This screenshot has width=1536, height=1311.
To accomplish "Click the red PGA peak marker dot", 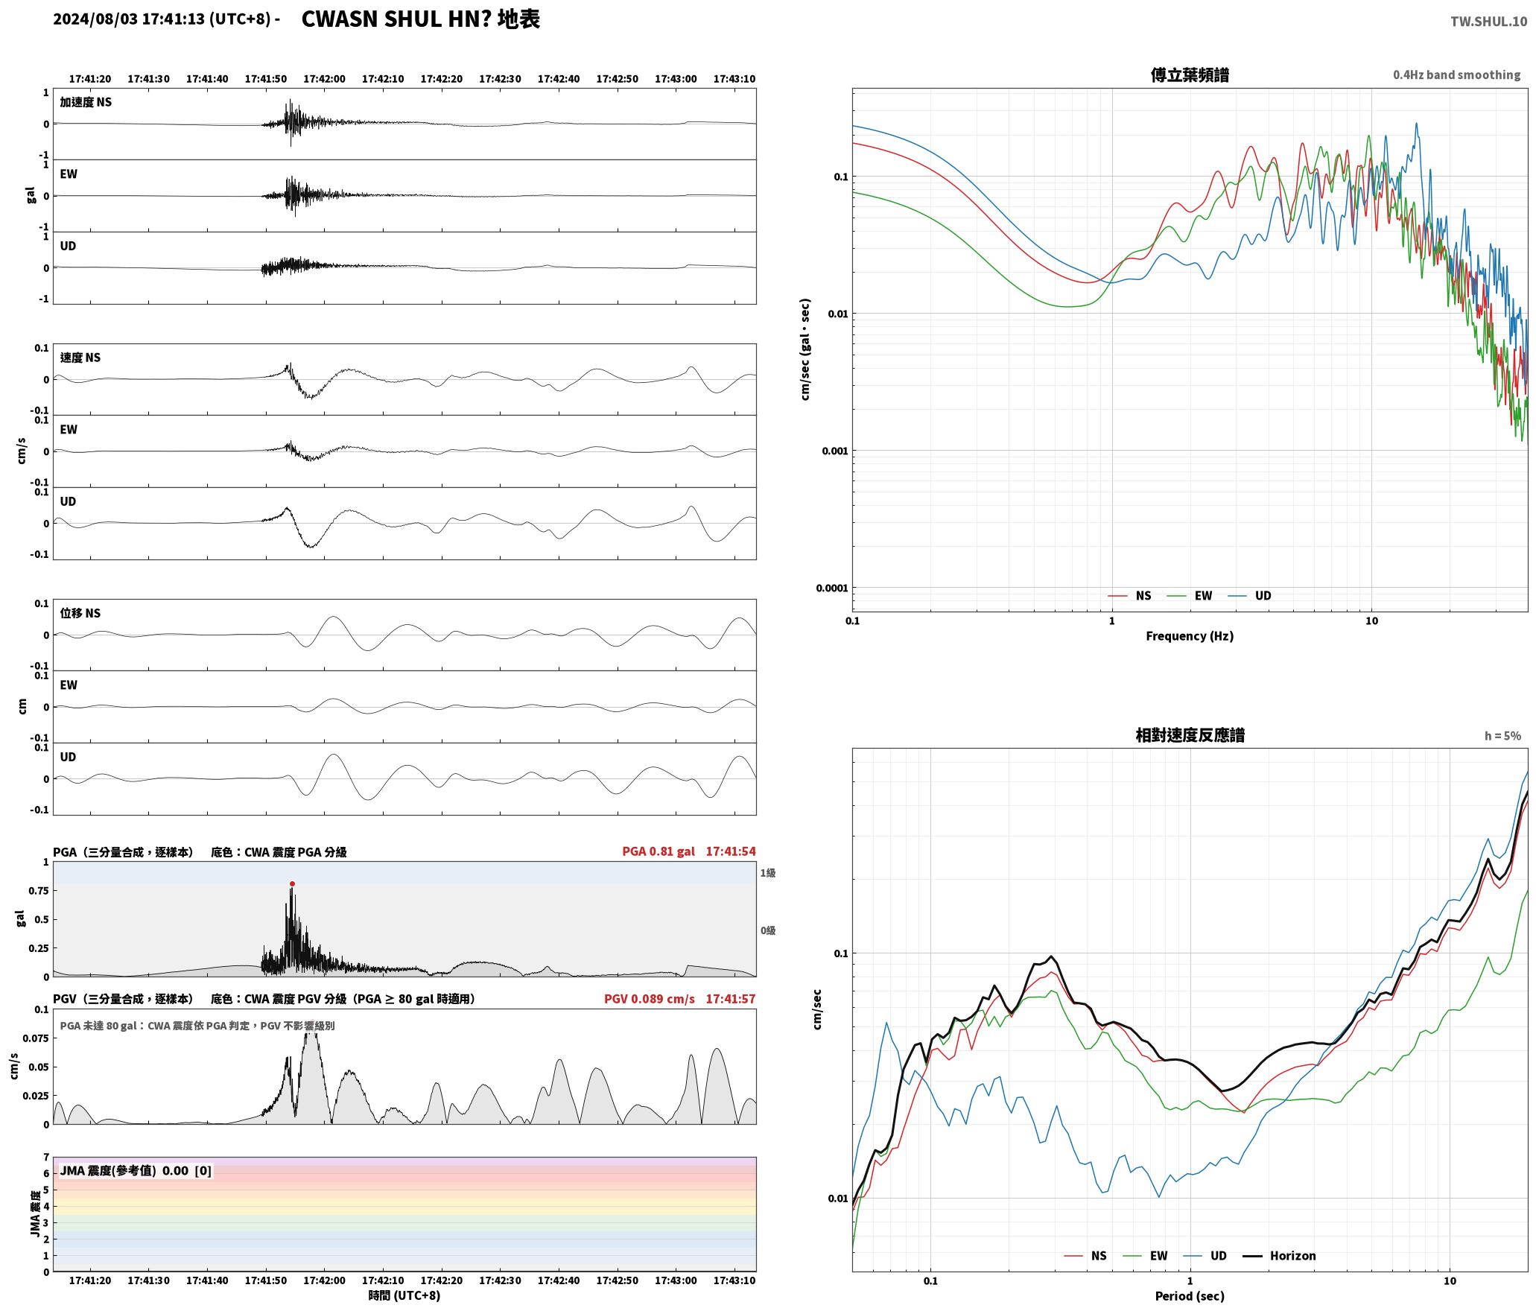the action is pos(292,883).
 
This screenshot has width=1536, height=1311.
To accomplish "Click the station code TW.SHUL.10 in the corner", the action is pos(1488,22).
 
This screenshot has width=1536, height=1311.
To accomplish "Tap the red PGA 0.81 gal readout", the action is pos(658,851).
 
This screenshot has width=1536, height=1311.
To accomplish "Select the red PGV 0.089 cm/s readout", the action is pos(650,998).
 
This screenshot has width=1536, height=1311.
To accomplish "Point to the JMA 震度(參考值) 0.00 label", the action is pos(124,1170).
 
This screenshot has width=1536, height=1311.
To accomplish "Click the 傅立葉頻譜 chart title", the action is pos(1190,75).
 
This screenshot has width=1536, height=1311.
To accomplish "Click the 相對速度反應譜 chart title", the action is pos(1190,735).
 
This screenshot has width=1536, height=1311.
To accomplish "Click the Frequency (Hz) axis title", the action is pos(1190,636).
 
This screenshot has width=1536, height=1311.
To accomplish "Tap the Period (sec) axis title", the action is pos(1190,1296).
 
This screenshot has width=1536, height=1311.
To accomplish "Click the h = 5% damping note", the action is pos(1502,736).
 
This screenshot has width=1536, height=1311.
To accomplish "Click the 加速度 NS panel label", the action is pos(86,102).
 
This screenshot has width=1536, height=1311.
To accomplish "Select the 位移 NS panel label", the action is pos(80,613).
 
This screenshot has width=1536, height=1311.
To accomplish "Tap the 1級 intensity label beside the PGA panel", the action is pos(768,873).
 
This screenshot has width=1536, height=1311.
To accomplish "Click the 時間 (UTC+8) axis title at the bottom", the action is pos(404,1295).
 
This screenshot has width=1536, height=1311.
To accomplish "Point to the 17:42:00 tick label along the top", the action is pos(325,79).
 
